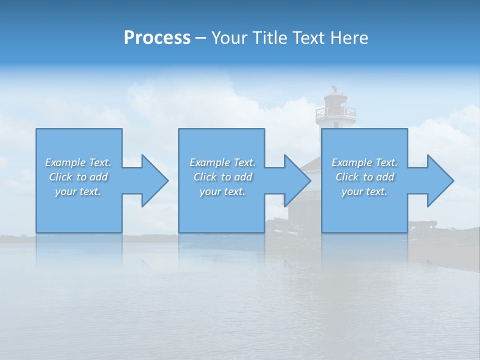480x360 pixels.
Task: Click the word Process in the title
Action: tap(157, 38)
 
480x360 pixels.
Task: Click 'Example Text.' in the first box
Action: tap(78, 162)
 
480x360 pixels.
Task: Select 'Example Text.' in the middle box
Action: tap(222, 162)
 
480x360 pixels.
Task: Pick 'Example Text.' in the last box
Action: tap(364, 162)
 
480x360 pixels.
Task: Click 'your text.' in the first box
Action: tap(78, 191)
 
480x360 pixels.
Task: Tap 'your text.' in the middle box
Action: tap(222, 191)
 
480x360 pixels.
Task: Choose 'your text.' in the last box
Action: tap(364, 191)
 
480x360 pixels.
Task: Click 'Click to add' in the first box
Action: tap(78, 177)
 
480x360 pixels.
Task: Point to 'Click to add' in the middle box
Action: tap(223, 177)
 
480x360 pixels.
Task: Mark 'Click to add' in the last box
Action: tap(365, 177)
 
